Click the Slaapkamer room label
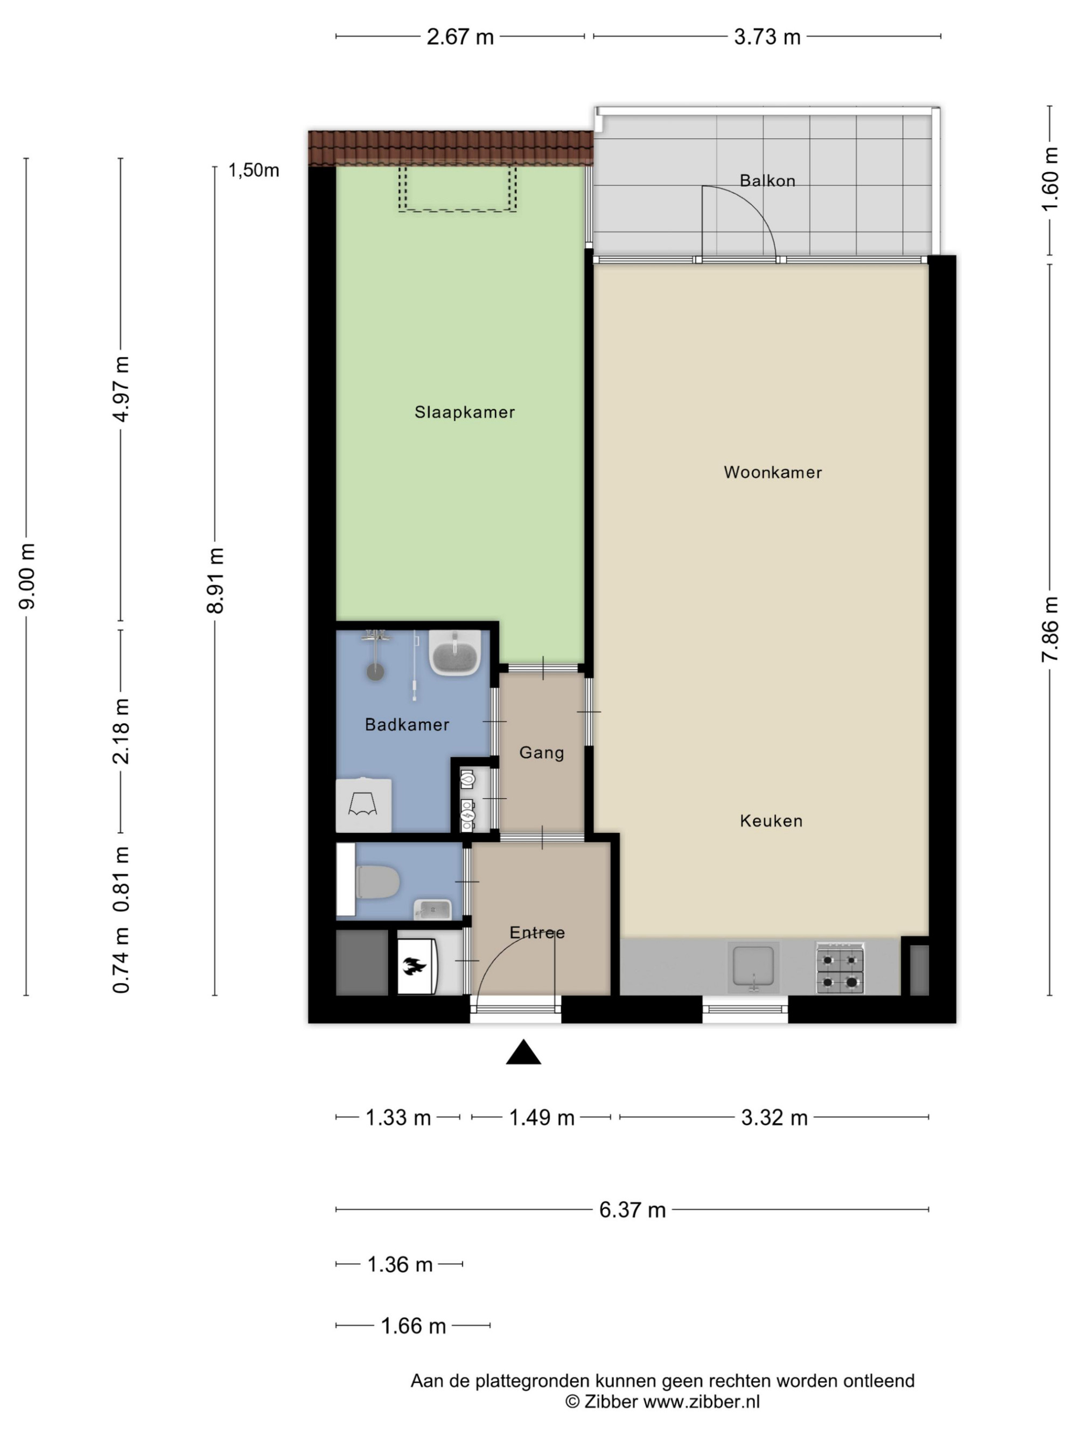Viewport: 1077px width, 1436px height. click(464, 412)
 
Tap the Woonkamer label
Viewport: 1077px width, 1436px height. click(773, 472)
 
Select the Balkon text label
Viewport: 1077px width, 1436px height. click(767, 180)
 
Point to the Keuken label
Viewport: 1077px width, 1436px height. click(771, 821)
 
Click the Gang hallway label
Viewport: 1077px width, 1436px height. click(541, 753)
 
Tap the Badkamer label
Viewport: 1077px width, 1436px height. click(407, 725)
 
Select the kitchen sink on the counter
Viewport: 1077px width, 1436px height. click(753, 967)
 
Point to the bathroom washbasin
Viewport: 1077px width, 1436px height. click(455, 653)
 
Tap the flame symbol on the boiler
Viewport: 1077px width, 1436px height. click(414, 966)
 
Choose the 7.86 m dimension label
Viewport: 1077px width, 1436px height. click(1050, 629)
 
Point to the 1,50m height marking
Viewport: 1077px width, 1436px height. click(253, 170)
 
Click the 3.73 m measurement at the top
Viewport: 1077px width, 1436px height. click(767, 37)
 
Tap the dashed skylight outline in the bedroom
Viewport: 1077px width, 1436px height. click(458, 189)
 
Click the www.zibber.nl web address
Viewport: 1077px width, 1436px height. click(701, 1402)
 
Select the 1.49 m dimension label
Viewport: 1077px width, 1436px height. click(541, 1117)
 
